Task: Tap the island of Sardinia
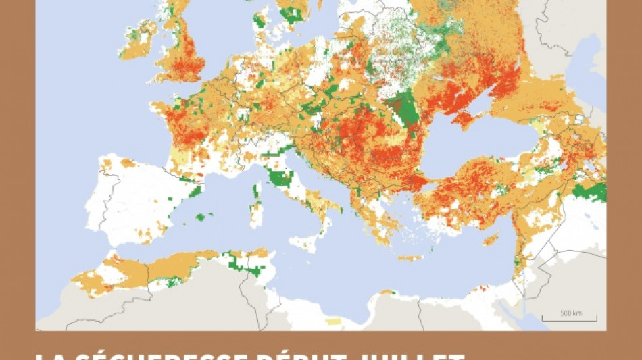tap(256, 215)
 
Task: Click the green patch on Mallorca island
tap(200, 217)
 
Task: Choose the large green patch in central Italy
tap(280, 179)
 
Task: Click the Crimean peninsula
tap(467, 120)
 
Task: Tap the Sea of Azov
tap(489, 107)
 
